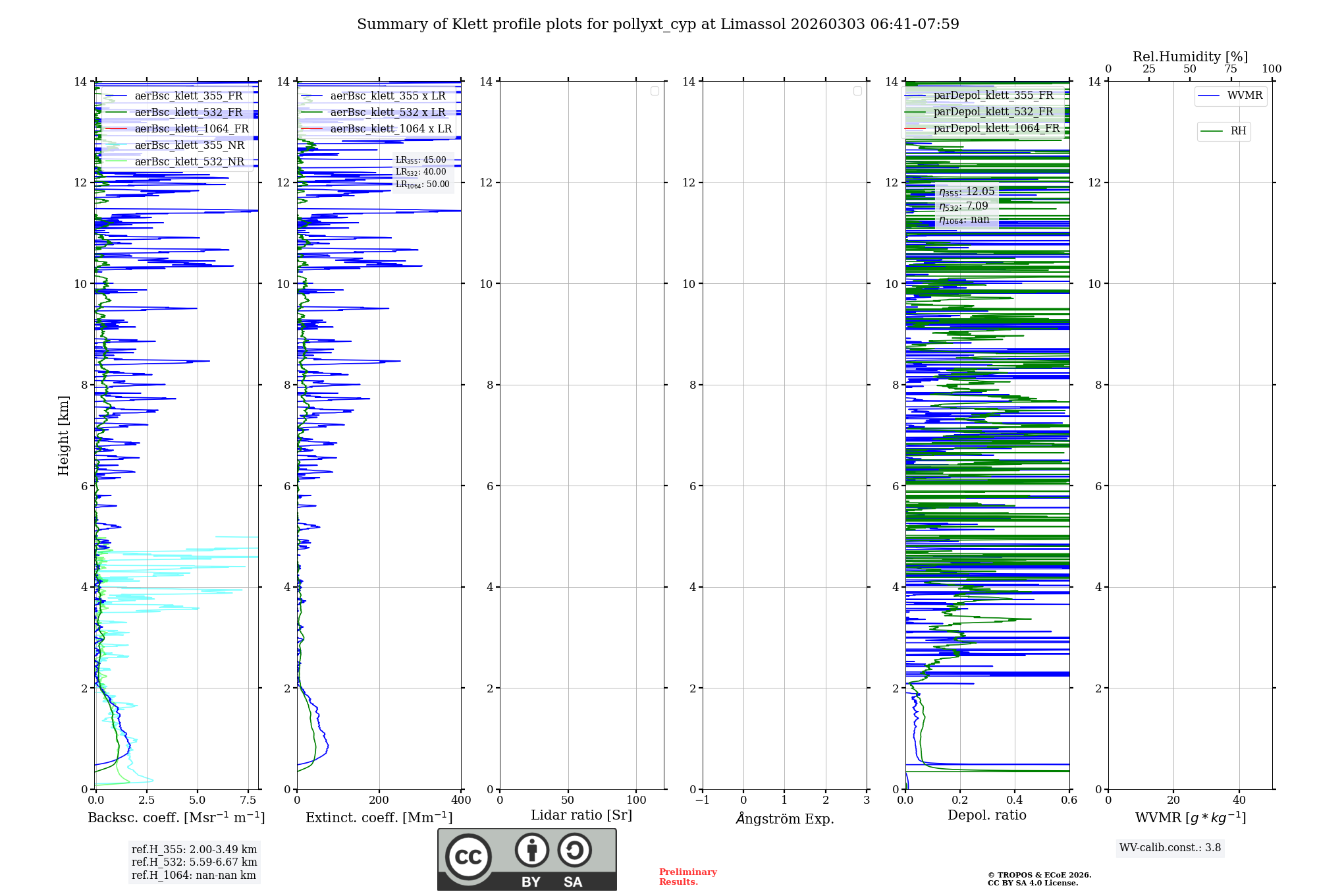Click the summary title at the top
pyautogui.click(x=658, y=24)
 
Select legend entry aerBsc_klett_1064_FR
pyautogui.click(x=191, y=129)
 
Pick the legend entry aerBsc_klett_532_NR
pyautogui.click(x=189, y=162)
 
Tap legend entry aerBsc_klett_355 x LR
pyautogui.click(x=387, y=96)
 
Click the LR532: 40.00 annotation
pyautogui.click(x=421, y=172)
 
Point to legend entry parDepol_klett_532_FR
pyautogui.click(x=993, y=112)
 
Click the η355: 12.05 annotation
pyautogui.click(x=967, y=192)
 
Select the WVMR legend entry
pyautogui.click(x=1244, y=96)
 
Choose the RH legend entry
pyautogui.click(x=1237, y=131)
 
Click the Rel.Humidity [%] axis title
pyautogui.click(x=1190, y=57)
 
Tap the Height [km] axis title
pyautogui.click(x=63, y=435)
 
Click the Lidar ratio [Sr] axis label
pyautogui.click(x=581, y=816)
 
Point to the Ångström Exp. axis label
pyautogui.click(x=784, y=818)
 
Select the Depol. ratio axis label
pyautogui.click(x=986, y=816)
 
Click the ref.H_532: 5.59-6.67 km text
pyautogui.click(x=194, y=862)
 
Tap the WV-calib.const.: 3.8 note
pyautogui.click(x=1170, y=848)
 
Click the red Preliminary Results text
pyautogui.click(x=687, y=877)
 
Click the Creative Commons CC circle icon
pyautogui.click(x=468, y=856)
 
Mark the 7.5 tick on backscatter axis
pyautogui.click(x=248, y=800)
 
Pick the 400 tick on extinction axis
pyautogui.click(x=461, y=800)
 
